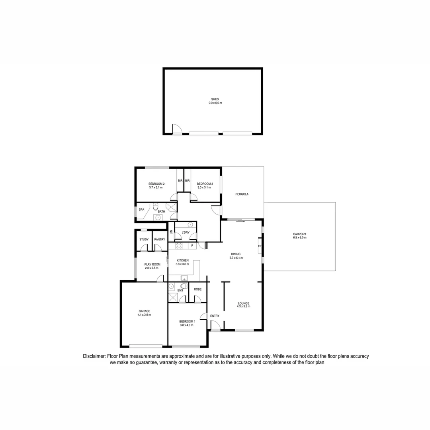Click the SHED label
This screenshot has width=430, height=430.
(x=215, y=99)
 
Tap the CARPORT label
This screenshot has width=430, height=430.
(x=299, y=234)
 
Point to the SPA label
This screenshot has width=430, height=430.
(x=141, y=209)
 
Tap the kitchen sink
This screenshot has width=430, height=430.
(x=184, y=278)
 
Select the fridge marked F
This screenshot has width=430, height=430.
(x=192, y=246)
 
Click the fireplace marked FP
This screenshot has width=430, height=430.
(x=260, y=246)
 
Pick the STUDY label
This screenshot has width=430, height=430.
(x=144, y=239)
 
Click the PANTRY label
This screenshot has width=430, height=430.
(x=160, y=239)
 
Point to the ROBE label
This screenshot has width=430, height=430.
(x=197, y=289)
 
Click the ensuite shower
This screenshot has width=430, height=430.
(x=173, y=297)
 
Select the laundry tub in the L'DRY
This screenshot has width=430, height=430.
(x=190, y=225)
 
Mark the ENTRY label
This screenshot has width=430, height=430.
(x=215, y=316)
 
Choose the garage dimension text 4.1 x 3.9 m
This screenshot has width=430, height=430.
(x=145, y=315)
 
